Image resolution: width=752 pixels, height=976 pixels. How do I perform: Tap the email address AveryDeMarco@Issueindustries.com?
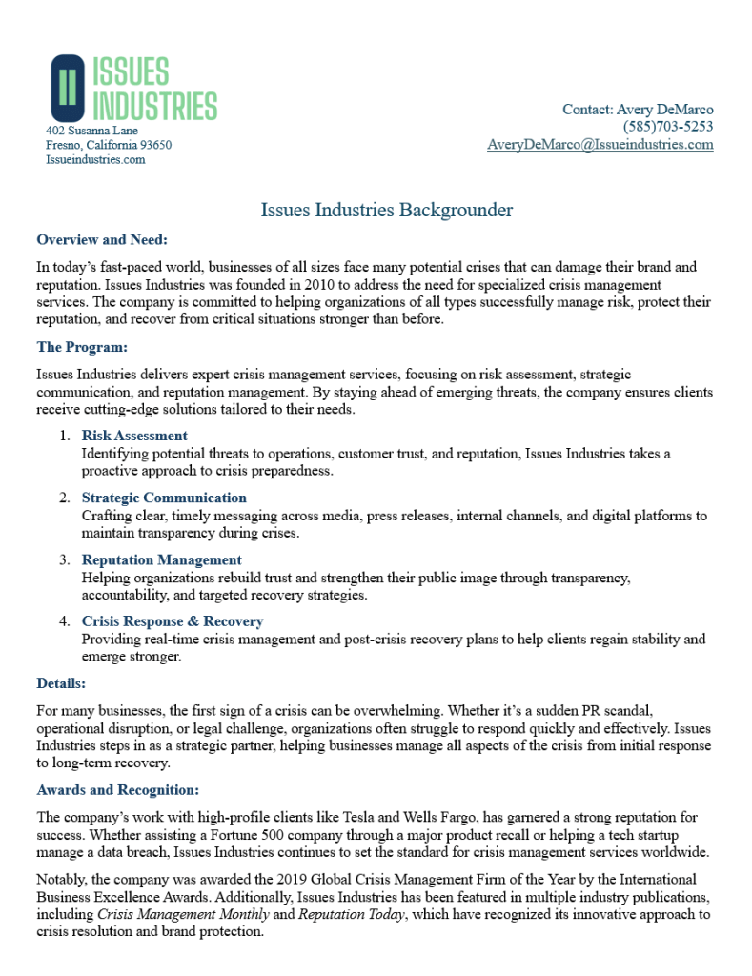600,145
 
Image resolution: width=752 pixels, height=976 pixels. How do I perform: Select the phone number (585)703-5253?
668,127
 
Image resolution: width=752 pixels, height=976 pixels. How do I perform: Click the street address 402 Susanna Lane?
91,131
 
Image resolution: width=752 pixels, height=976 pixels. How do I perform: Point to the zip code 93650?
155,145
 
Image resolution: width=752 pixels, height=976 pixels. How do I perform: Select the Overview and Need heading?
102,239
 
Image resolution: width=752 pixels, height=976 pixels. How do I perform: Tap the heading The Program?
82,347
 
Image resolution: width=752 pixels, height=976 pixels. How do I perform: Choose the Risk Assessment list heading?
134,436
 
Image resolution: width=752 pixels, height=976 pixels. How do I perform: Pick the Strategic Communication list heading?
164,498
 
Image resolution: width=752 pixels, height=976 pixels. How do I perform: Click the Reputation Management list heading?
162,559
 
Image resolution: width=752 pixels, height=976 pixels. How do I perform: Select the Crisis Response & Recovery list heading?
173,621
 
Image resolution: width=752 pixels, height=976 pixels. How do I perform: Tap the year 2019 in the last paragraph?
261,879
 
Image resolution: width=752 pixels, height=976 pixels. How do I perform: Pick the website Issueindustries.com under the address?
95,160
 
